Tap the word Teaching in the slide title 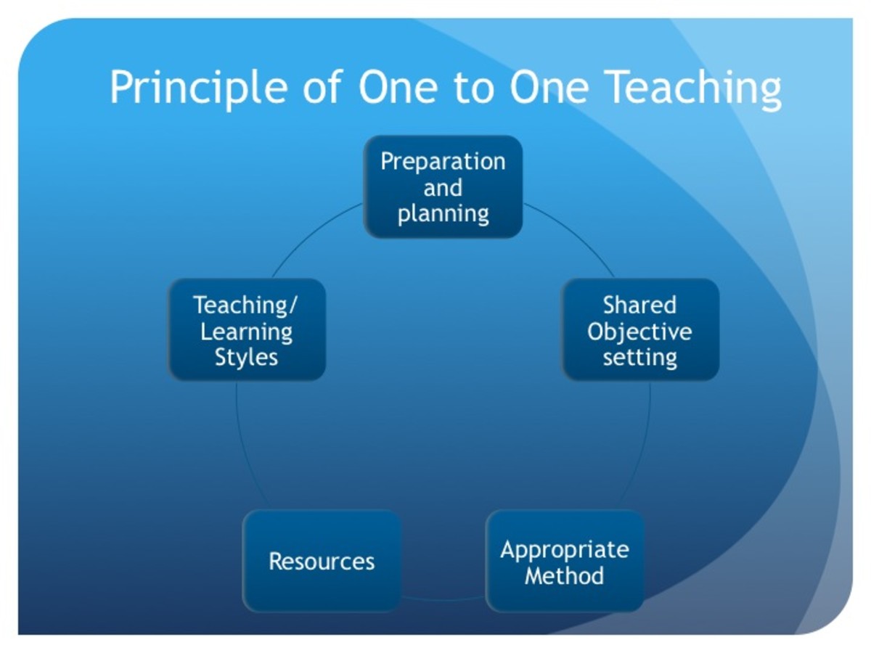pyautogui.click(x=694, y=88)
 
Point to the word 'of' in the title pyautogui.click(x=322, y=86)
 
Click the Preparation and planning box pyautogui.click(x=443, y=186)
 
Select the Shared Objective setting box pyautogui.click(x=640, y=330)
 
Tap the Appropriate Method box pyautogui.click(x=564, y=561)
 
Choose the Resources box pyautogui.click(x=322, y=561)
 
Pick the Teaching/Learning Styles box pyautogui.click(x=247, y=330)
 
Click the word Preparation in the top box pyautogui.click(x=443, y=162)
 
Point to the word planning pyautogui.click(x=443, y=215)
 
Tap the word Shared pyautogui.click(x=639, y=305)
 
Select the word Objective pyautogui.click(x=639, y=332)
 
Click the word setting pyautogui.click(x=640, y=358)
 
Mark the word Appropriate pyautogui.click(x=565, y=551)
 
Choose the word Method pyautogui.click(x=564, y=575)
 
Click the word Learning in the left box pyautogui.click(x=246, y=332)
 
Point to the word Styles pyautogui.click(x=246, y=358)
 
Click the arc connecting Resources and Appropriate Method pyautogui.click(x=443, y=599)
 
